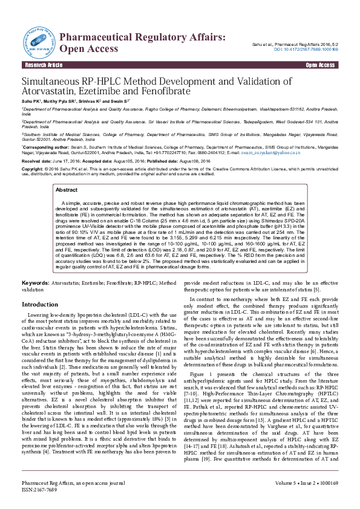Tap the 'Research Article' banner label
click(44, 65)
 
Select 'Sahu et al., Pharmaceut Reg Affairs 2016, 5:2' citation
click(295, 44)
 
